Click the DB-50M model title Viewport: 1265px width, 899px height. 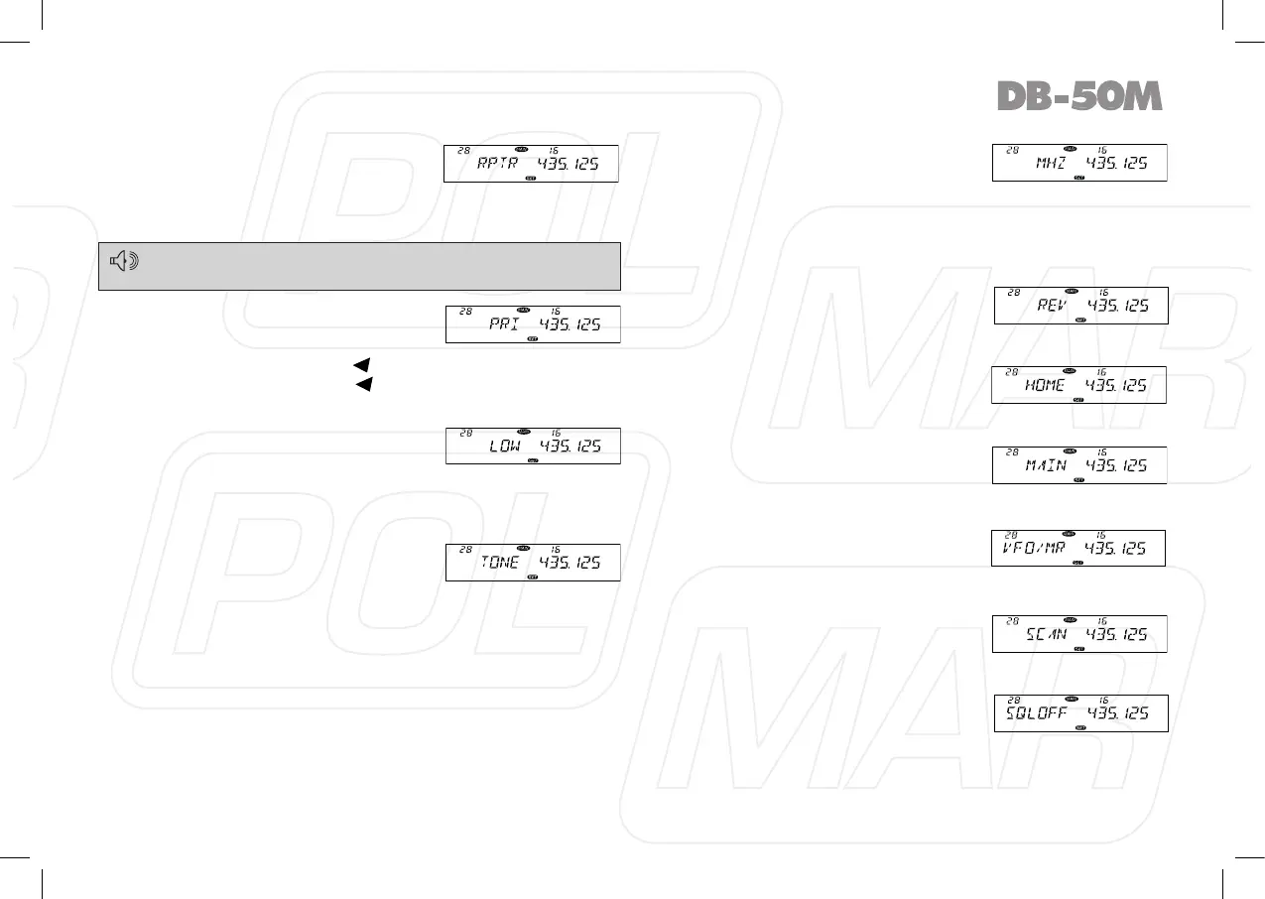[1078, 96]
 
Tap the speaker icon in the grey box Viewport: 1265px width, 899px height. [124, 262]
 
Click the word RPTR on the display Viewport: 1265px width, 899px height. [498, 165]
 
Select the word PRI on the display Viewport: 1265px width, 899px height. [506, 325]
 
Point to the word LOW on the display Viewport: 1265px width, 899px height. [504, 448]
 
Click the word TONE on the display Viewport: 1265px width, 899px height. [500, 563]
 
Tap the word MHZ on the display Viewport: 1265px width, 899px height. [1051, 164]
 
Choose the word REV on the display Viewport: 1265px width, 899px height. [1052, 307]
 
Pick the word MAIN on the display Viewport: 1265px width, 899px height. [1047, 466]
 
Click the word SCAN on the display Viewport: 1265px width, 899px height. [1047, 634]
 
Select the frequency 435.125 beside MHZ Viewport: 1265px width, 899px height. [1118, 164]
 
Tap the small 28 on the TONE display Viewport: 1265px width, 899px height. [463, 549]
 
